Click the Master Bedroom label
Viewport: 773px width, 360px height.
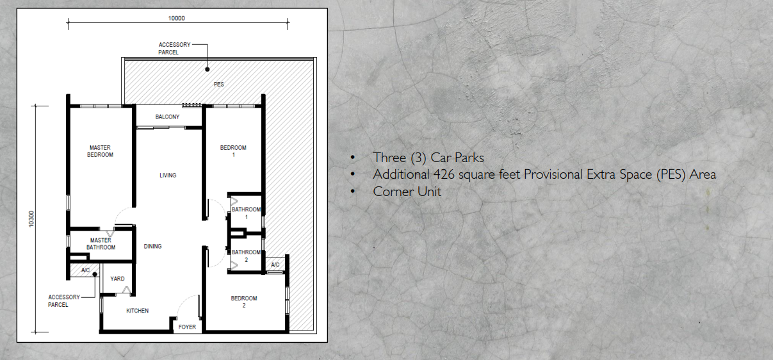(x=101, y=151)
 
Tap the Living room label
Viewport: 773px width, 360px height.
(x=168, y=176)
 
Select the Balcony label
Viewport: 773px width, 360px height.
(x=167, y=117)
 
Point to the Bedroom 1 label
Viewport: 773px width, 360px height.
(x=233, y=151)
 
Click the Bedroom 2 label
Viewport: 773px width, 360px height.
(x=244, y=302)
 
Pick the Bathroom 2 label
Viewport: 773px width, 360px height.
(x=247, y=256)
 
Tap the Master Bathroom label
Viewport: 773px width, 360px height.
(x=101, y=244)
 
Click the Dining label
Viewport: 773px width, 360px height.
(x=152, y=247)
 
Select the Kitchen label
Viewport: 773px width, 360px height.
(x=137, y=311)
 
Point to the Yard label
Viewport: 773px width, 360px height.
(x=117, y=279)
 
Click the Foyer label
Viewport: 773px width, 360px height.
(x=187, y=327)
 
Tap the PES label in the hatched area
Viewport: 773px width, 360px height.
(x=219, y=84)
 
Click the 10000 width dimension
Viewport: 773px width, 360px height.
(x=177, y=19)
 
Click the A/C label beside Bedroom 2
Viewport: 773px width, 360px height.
(x=275, y=265)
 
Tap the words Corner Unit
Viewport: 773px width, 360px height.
(x=407, y=192)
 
